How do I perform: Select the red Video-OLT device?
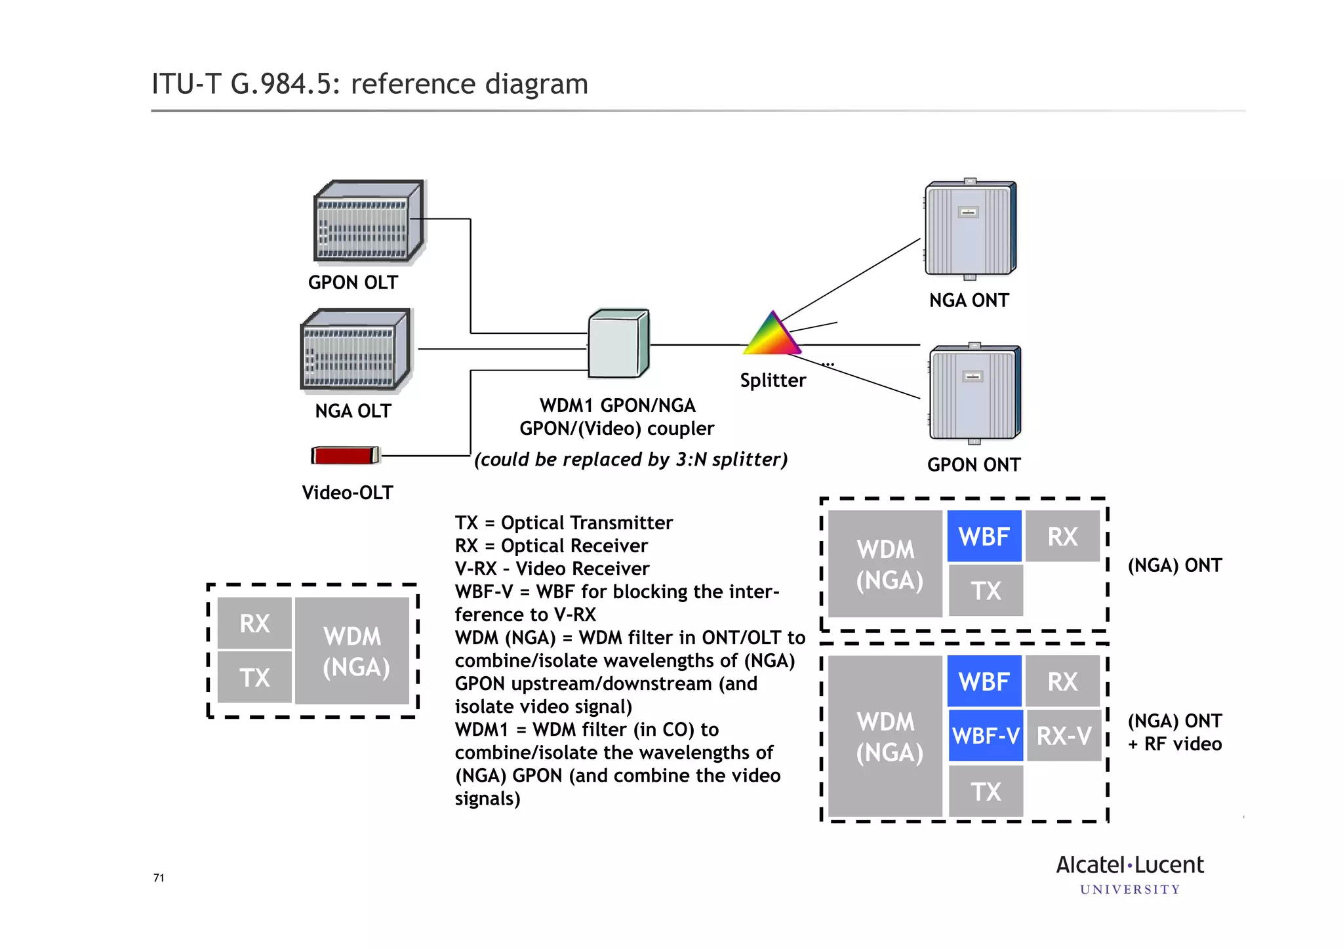pos(345,455)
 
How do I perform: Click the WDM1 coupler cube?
pos(618,344)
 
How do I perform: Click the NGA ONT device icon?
pos(970,229)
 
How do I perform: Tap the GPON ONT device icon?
pos(974,393)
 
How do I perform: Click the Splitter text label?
pos(772,380)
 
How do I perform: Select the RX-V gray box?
pos(1063,736)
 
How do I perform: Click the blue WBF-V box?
pos(985,736)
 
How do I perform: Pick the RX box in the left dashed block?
pos(254,623)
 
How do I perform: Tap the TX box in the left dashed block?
pos(254,677)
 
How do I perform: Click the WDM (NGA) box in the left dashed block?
pos(354,651)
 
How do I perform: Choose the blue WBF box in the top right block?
pos(984,536)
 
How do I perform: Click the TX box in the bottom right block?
pos(986,792)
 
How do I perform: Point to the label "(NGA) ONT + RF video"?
pos(1174,732)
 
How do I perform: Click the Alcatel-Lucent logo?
pos(1129,874)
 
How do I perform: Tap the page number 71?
pos(159,878)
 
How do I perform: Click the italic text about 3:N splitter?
pos(630,459)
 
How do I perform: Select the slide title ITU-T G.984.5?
pos(370,84)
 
